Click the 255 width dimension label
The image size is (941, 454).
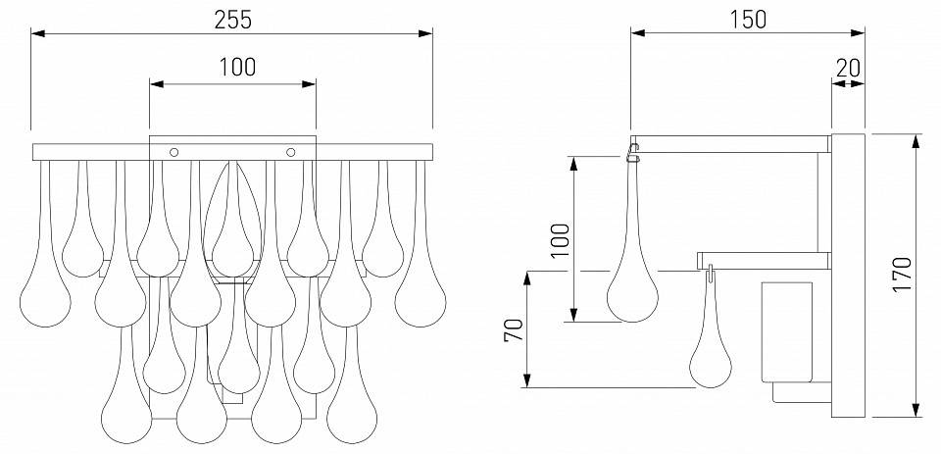point(233,20)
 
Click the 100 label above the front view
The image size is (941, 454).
point(236,68)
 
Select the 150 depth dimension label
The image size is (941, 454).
point(748,20)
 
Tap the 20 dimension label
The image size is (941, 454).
point(848,68)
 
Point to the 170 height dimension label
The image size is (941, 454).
point(902,274)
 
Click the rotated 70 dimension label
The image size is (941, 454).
point(514,330)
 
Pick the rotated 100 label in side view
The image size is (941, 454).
point(561,240)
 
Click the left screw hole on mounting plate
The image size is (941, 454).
point(174,152)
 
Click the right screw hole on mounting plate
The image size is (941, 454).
point(291,152)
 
